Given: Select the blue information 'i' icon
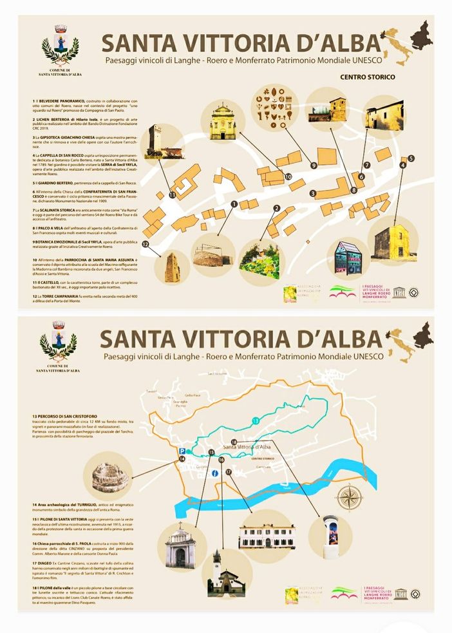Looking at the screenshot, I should (214, 474).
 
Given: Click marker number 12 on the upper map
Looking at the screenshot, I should (146, 244).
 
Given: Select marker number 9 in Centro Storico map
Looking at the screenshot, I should (314, 165).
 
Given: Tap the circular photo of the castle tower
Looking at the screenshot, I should (156, 138).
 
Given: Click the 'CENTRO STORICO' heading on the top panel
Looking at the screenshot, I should (368, 77).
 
